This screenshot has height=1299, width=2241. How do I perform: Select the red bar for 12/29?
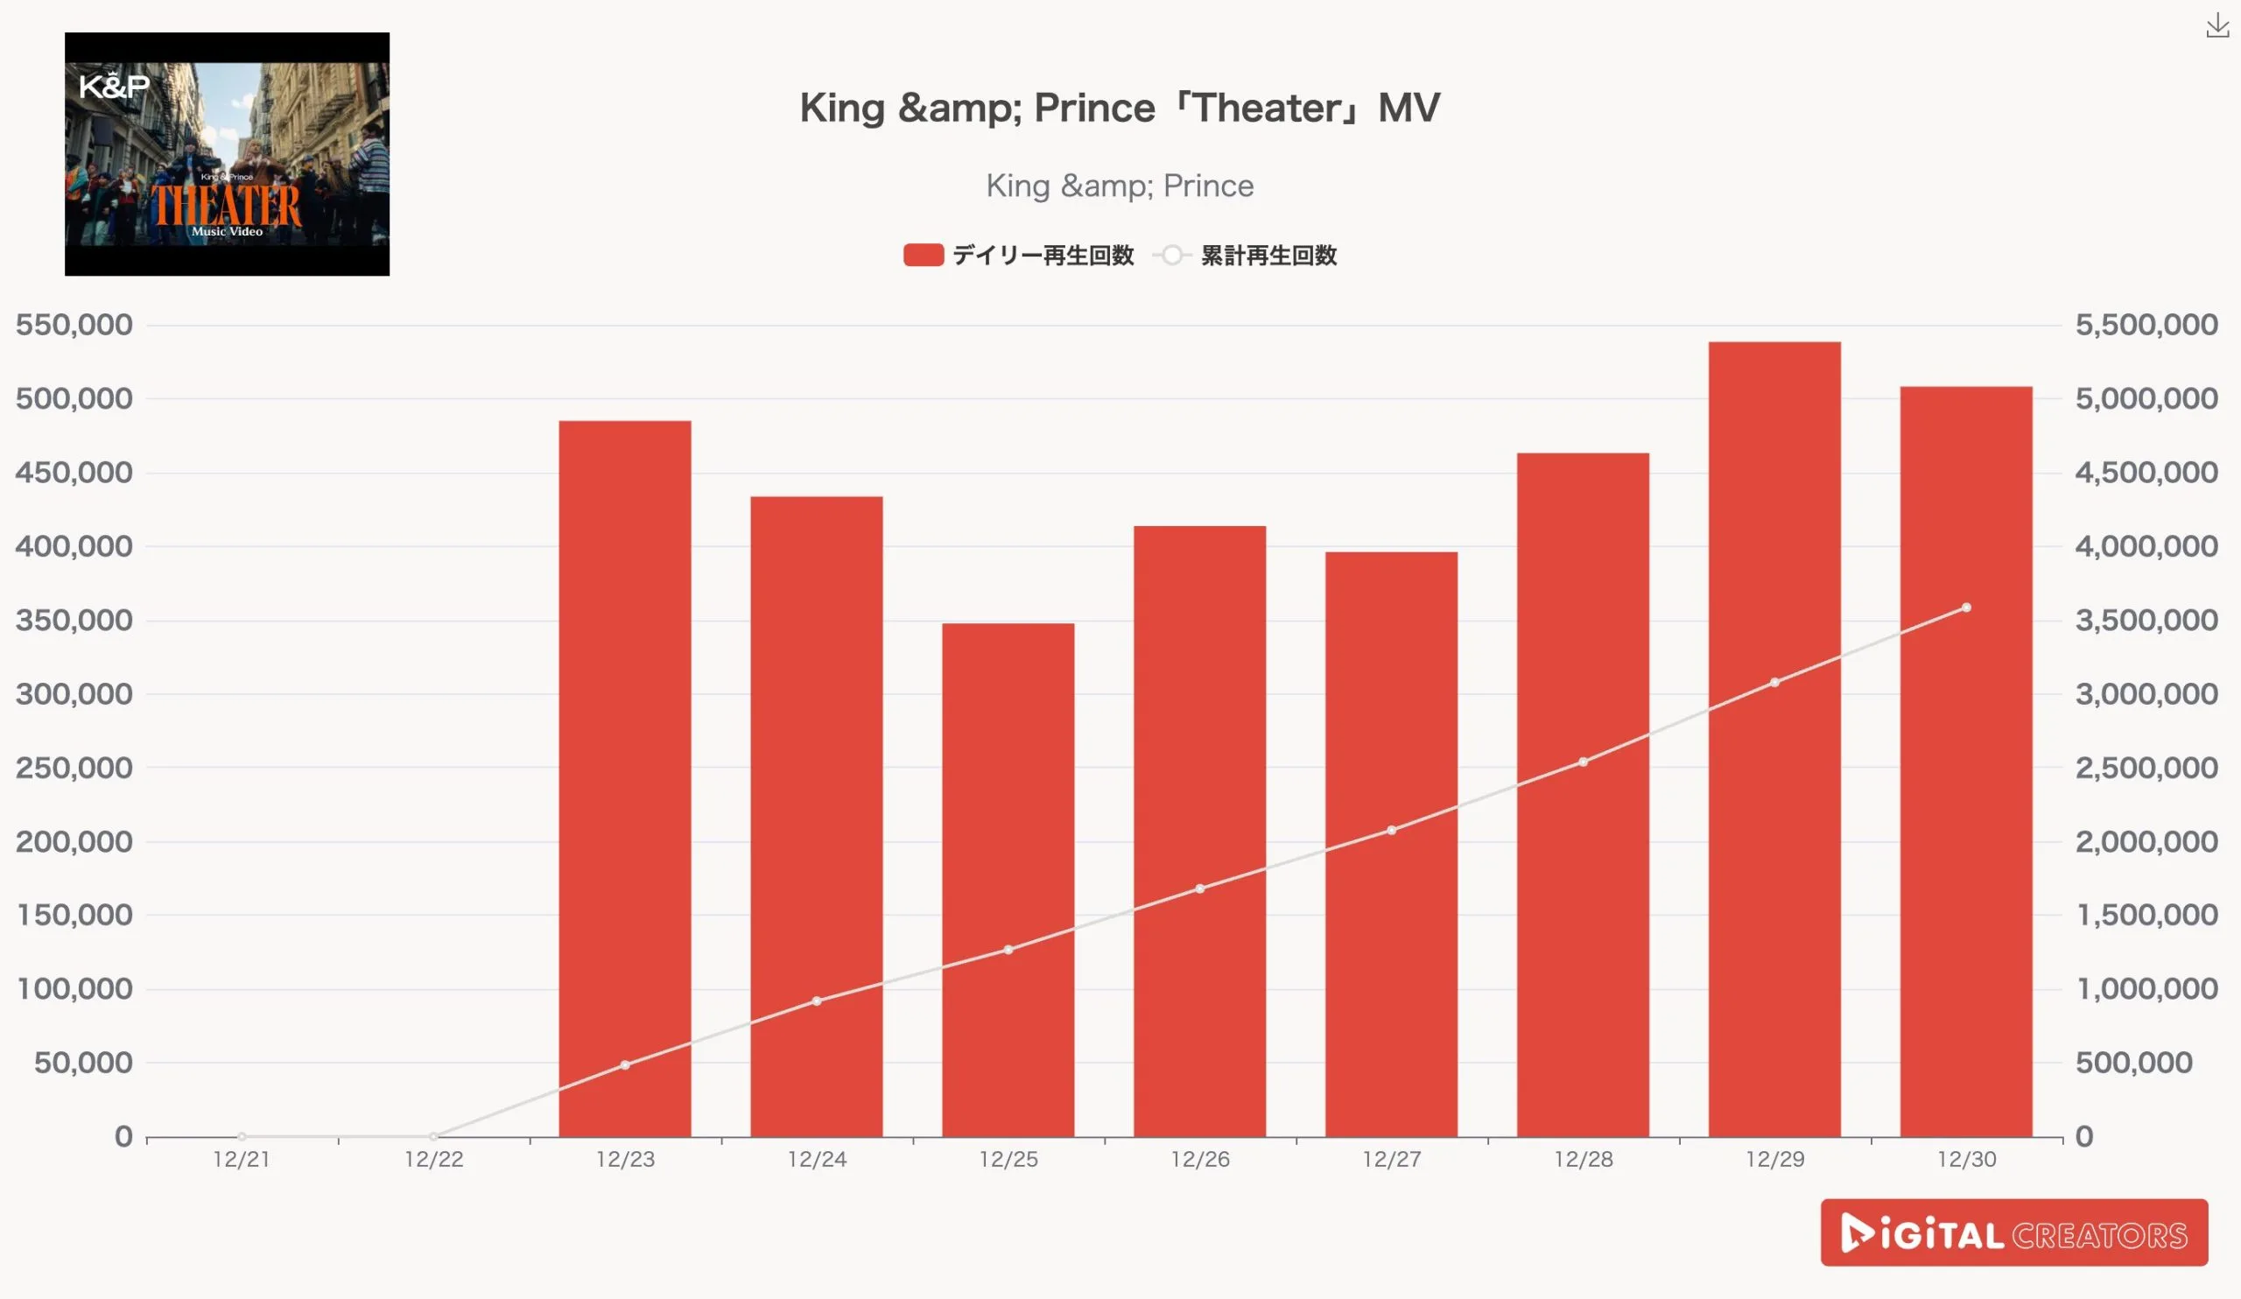coord(1774,738)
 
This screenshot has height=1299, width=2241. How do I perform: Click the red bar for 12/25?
coord(1008,881)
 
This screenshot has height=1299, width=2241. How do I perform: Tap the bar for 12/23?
coord(624,778)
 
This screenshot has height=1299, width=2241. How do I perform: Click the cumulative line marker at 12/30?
coord(1966,608)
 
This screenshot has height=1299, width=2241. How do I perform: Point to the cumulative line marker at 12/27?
coord(1392,831)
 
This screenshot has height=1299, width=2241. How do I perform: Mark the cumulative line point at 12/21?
coord(242,1136)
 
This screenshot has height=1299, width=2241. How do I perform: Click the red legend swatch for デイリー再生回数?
coord(923,256)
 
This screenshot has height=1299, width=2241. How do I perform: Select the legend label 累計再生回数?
coord(1268,256)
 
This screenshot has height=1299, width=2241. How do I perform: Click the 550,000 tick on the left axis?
coord(74,325)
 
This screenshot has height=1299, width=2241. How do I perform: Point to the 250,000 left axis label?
coord(74,768)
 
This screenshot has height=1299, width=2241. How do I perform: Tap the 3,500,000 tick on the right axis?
coord(2146,620)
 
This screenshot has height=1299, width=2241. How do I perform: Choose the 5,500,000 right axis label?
coord(2146,325)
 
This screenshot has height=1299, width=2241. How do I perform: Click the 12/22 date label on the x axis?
coord(433,1160)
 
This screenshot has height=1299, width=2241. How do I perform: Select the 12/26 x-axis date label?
coord(1199,1160)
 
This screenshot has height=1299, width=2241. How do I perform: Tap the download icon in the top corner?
coord(2217,26)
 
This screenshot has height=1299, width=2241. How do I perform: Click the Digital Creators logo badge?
coord(2013,1232)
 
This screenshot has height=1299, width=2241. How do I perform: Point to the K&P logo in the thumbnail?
coord(114,87)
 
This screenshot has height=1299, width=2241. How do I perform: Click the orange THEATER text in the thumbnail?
coord(226,205)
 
